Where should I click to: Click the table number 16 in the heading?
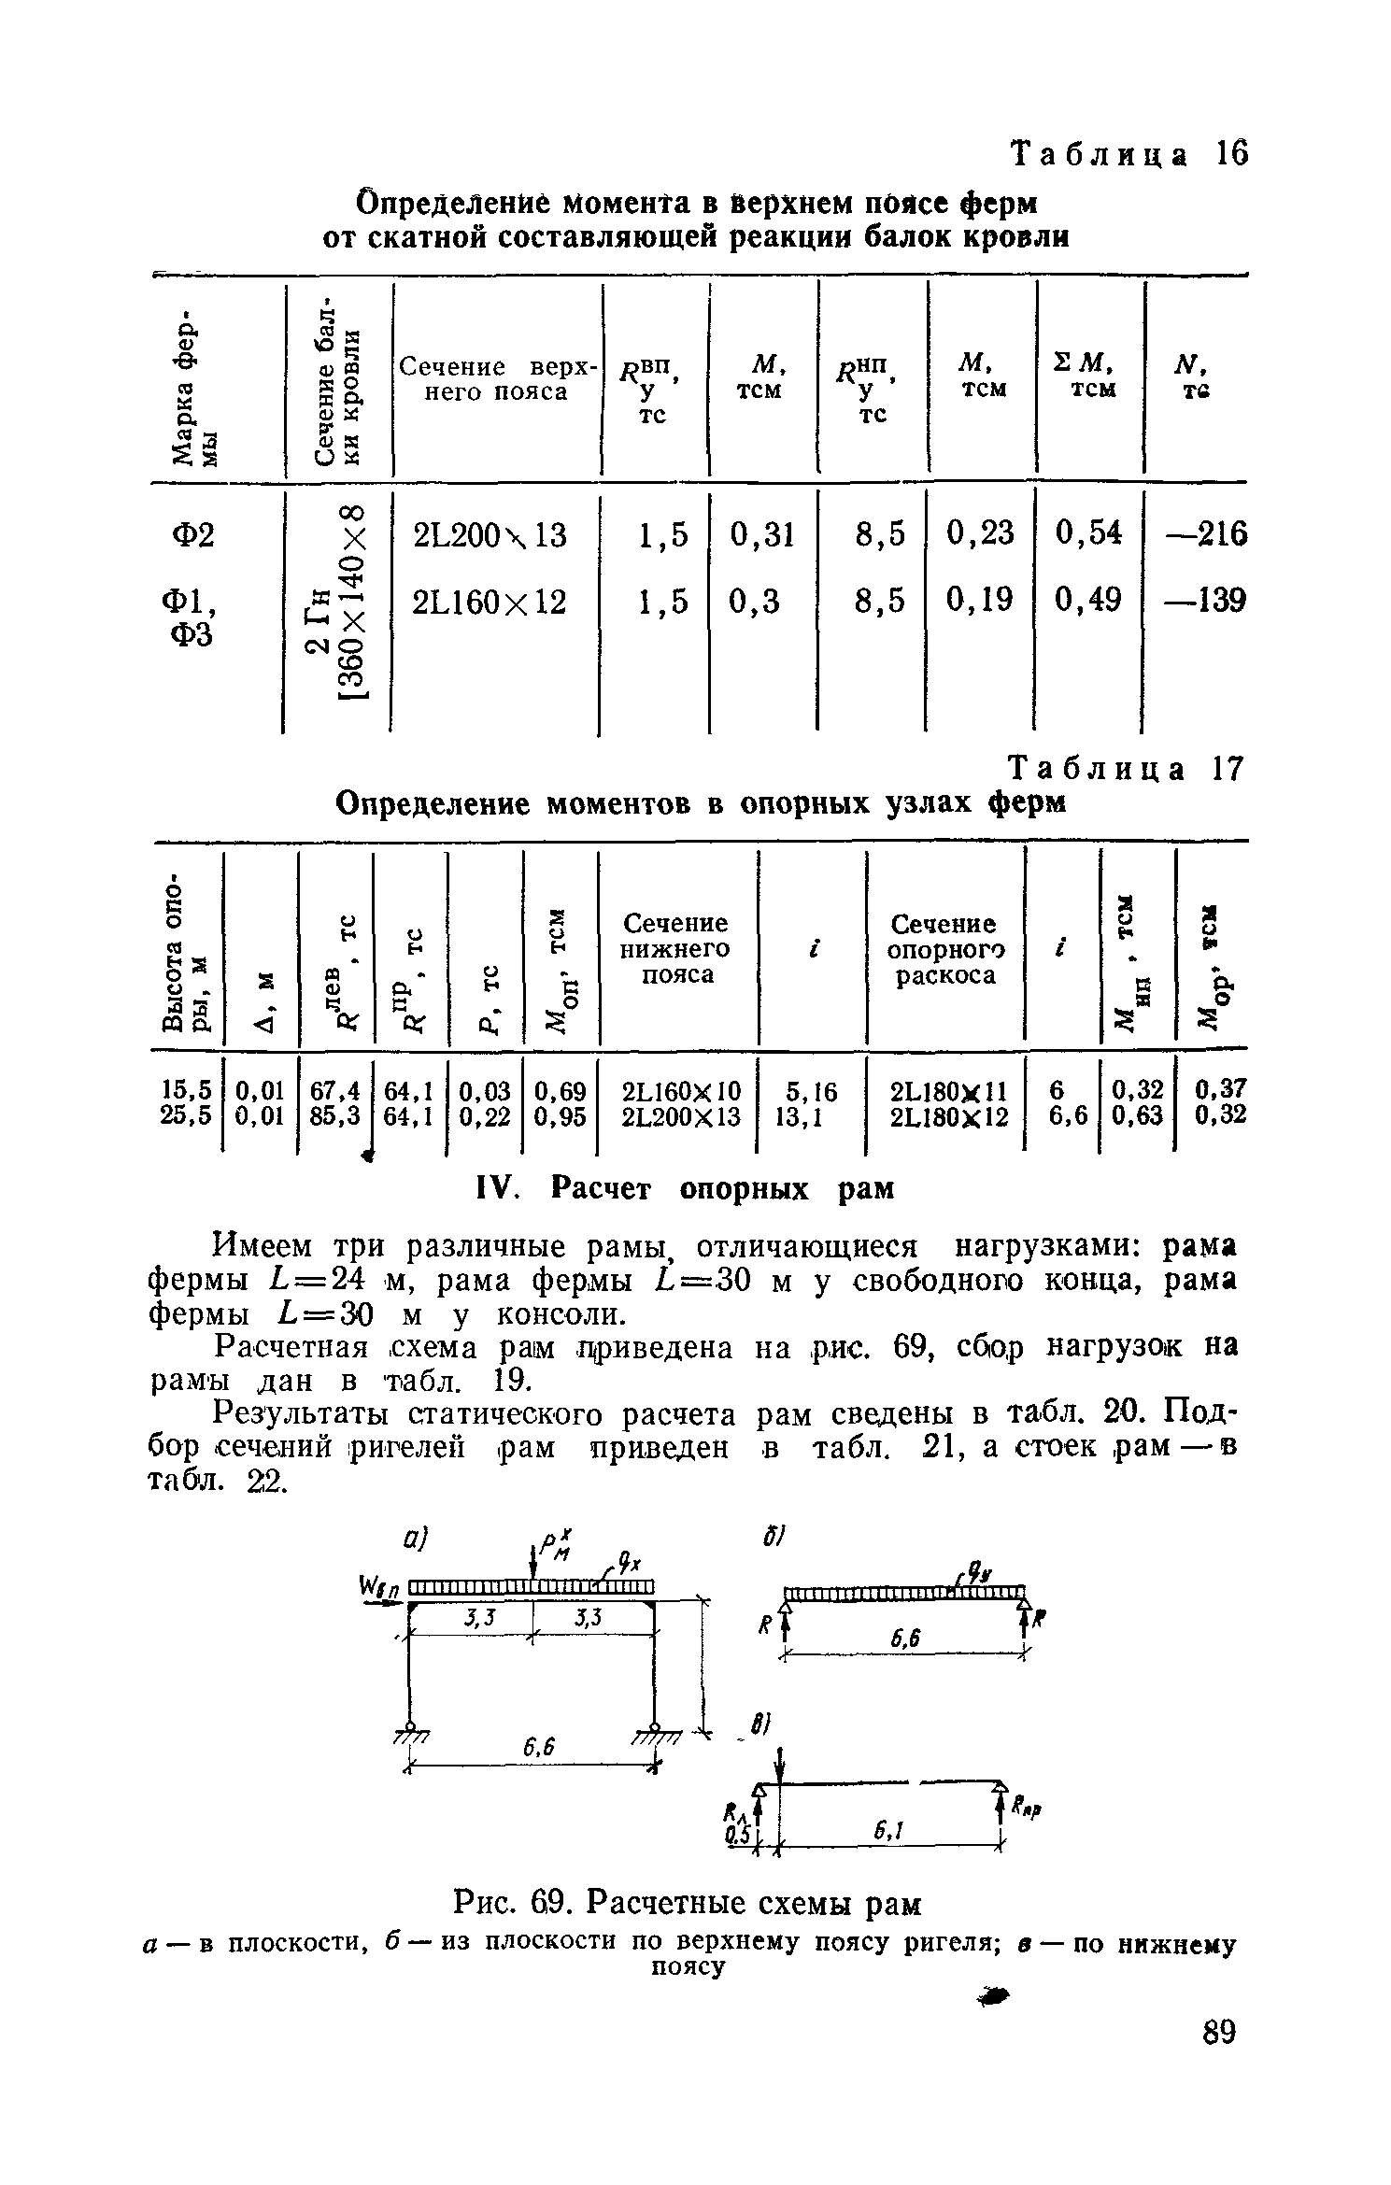(1231, 153)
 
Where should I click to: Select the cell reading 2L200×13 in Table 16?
(490, 536)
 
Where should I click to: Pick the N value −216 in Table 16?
(1204, 534)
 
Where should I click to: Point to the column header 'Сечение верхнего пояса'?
(497, 379)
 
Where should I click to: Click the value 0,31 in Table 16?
(762, 534)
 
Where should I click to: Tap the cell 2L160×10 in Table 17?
(681, 1090)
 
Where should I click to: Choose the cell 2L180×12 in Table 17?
(949, 1116)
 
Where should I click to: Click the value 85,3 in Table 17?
(335, 1116)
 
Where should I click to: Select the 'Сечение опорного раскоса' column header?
(944, 949)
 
